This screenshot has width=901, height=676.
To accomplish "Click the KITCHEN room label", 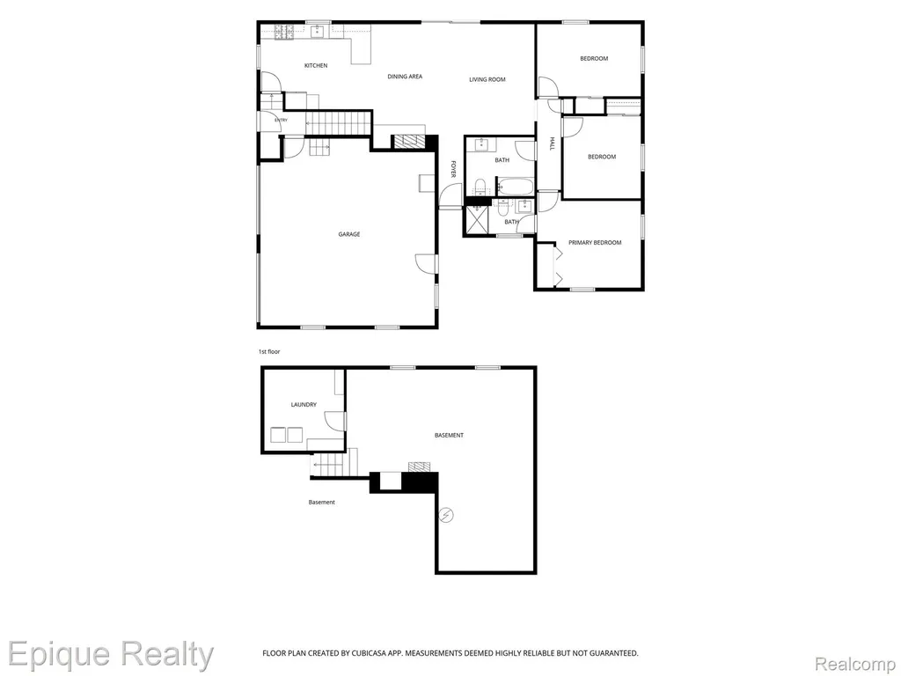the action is pos(316,65).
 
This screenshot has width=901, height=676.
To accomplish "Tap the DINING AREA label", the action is pos(405,77).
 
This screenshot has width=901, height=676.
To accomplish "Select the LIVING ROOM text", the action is pos(487,79).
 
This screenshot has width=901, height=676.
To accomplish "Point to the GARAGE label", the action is pos(348,234).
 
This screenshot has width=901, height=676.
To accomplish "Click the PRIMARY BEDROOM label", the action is pos(595,243).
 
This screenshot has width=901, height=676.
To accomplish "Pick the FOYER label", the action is pos(453,169).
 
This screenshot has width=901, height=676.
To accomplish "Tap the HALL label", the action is pos(552,143).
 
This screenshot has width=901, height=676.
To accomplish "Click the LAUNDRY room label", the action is pos(304,405).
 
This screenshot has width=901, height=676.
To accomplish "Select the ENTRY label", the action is pos(281,120).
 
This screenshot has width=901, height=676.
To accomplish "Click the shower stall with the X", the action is pos(477,219).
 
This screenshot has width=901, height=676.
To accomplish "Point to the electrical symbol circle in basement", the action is pos(446,515).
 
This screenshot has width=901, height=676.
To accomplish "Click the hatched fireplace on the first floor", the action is pos(407,142).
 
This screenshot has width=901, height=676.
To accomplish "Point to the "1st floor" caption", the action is pos(269,351).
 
